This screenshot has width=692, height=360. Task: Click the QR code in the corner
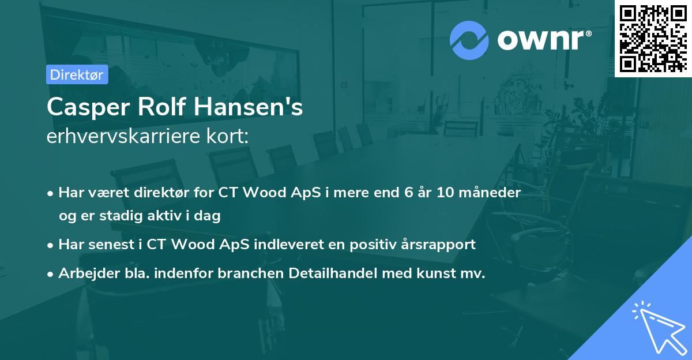point(653,38)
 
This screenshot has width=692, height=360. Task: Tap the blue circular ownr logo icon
point(469,40)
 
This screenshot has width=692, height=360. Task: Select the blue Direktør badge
point(77,74)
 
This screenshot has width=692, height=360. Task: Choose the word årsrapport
point(443,244)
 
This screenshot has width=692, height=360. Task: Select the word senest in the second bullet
point(107,244)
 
